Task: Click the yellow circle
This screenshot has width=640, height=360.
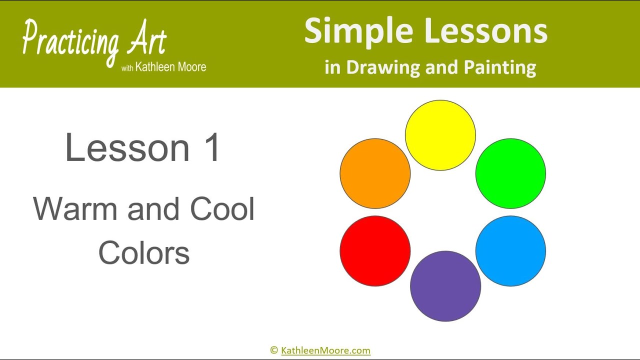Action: tap(440, 135)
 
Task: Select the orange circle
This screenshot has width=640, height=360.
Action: tap(375, 173)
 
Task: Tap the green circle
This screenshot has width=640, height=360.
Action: tap(510, 173)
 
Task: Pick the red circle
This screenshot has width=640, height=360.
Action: tap(375, 251)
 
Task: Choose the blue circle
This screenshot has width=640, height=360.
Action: tap(510, 251)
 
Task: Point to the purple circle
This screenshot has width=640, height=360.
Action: tap(445, 286)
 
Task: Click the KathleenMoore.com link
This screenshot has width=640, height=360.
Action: tap(325, 350)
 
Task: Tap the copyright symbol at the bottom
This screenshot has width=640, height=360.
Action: tap(273, 350)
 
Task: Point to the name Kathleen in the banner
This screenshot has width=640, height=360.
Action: tap(152, 67)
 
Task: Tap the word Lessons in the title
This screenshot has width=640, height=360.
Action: tap(486, 31)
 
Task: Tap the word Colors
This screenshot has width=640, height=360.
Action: tap(144, 252)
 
